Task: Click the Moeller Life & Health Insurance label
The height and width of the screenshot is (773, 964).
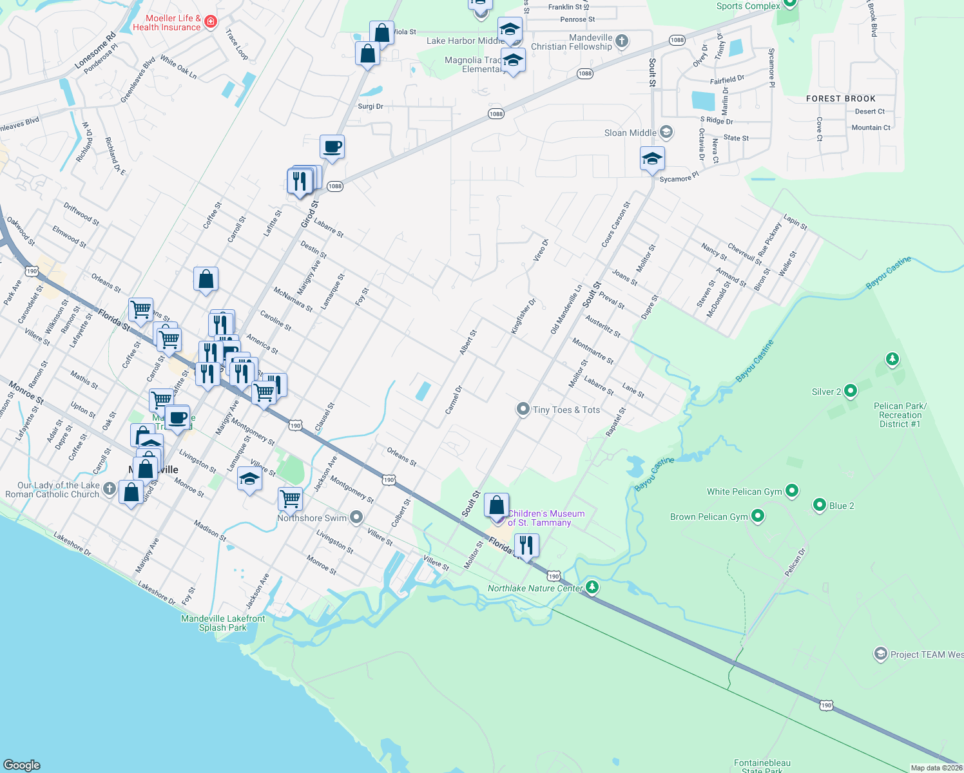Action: click(167, 23)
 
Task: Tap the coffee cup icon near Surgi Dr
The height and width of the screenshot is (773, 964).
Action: click(332, 147)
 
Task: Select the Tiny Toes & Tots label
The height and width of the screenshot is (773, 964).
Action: click(566, 410)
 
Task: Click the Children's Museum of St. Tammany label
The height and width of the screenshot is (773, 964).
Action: click(546, 518)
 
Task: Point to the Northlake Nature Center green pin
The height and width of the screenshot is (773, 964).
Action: click(592, 587)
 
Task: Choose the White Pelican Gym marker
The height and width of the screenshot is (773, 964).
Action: click(792, 491)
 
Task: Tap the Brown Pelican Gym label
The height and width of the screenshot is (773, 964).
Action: click(709, 517)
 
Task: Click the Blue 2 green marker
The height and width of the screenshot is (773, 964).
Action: click(820, 505)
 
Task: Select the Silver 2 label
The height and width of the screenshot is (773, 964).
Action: click(826, 392)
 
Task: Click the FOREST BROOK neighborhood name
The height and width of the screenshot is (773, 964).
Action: click(840, 99)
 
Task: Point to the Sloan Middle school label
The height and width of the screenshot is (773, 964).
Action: click(630, 133)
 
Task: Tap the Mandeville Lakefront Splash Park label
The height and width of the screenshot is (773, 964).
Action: click(223, 623)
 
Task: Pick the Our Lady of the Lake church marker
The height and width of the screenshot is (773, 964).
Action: click(110, 490)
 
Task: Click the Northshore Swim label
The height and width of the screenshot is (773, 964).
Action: click(312, 518)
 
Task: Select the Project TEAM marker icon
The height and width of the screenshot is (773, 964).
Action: click(880, 654)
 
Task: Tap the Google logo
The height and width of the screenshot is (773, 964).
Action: click(22, 765)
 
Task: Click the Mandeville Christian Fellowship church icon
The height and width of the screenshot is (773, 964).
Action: click(622, 41)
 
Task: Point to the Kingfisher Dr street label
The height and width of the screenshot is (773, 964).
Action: click(523, 316)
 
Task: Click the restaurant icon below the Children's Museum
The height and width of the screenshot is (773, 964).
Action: click(526, 545)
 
